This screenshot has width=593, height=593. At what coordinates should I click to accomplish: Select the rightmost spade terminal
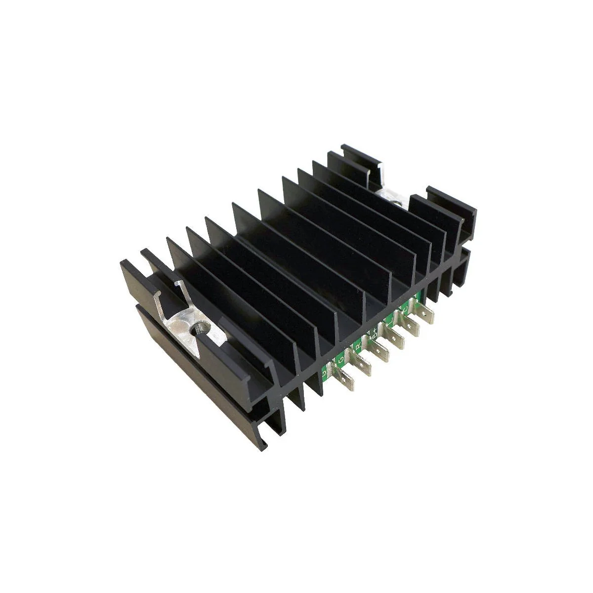click(x=426, y=315)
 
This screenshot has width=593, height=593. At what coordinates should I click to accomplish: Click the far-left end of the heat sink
click(x=121, y=263)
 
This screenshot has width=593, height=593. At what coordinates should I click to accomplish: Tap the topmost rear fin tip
click(x=342, y=147)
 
